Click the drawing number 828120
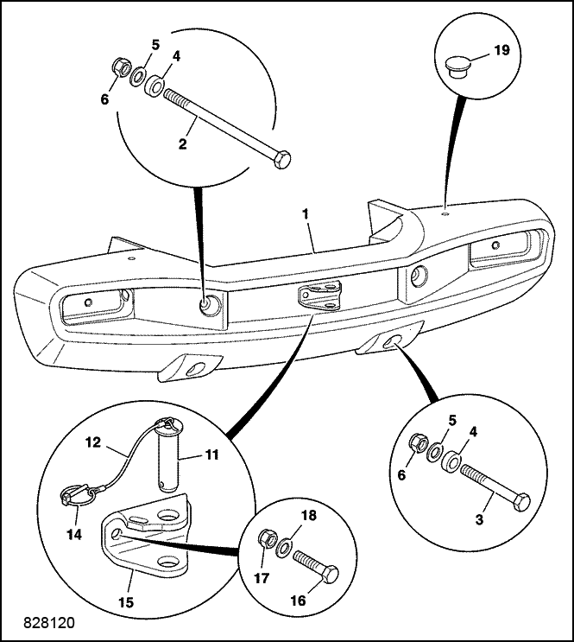coord(49,622)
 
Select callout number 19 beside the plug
coord(502,50)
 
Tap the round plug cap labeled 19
coord(457,67)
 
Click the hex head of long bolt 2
coord(282,159)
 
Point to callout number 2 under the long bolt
coord(182,143)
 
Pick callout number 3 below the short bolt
coord(479,519)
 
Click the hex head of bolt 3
coord(520,502)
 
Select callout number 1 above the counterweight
coord(306,213)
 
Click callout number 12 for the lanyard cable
coord(93,442)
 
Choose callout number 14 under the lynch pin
coord(74,534)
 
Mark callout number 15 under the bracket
coord(126,602)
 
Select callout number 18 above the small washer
coord(309,516)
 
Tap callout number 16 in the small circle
coord(299,601)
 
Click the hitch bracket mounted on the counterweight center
coord(319,296)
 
